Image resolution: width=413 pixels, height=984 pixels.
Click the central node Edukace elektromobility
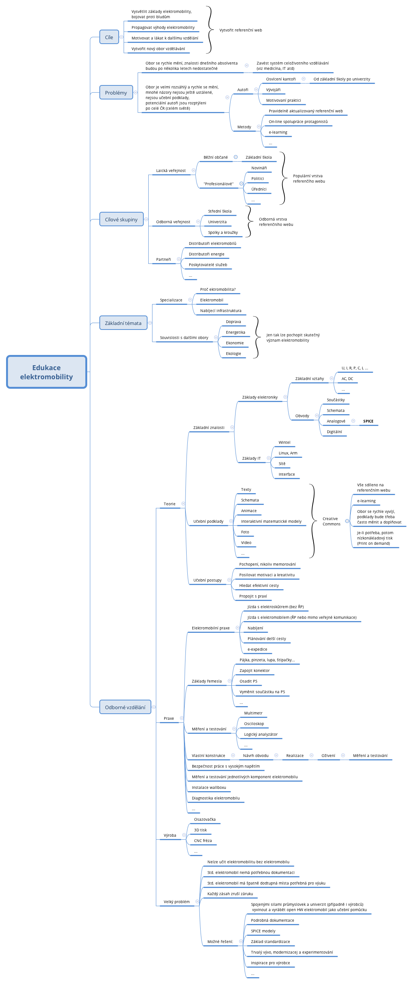[x=47, y=372]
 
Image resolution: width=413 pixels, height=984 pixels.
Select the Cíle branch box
[x=109, y=38]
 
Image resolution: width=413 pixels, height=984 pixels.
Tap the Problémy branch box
[x=116, y=93]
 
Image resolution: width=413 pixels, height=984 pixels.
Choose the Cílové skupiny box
[x=121, y=219]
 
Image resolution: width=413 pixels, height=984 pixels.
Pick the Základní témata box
[x=123, y=323]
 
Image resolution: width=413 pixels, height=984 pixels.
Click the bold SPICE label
[x=368, y=421]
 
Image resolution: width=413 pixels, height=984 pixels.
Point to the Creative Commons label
[x=331, y=521]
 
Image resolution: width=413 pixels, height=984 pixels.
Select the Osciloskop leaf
[x=254, y=724]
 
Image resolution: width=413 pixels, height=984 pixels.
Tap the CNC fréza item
[x=203, y=840]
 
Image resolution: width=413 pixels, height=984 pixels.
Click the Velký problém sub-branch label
[x=176, y=902]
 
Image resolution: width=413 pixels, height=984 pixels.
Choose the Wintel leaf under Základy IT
[x=284, y=442]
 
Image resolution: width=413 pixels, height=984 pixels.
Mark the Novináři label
[x=259, y=168]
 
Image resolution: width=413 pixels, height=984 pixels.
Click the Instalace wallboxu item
[x=209, y=787]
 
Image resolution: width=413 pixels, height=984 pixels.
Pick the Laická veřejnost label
[x=171, y=170]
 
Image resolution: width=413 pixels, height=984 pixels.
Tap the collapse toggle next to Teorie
[x=183, y=503]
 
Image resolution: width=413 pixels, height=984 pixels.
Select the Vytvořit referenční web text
[x=240, y=30]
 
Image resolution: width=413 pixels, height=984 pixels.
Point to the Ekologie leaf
[x=233, y=353]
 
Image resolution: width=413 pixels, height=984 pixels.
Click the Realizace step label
[x=295, y=755]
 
